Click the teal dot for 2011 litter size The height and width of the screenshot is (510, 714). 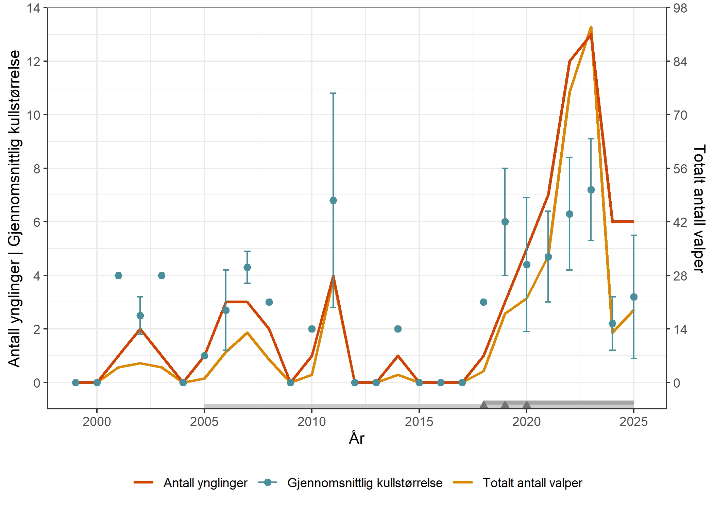[x=333, y=201]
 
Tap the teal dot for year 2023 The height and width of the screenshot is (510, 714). [x=591, y=190]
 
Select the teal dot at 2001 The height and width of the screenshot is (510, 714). [x=118, y=275]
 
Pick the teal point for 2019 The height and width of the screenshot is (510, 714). [x=505, y=222]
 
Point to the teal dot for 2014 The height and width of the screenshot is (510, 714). [x=398, y=329]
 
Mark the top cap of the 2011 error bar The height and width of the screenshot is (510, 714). [x=333, y=93]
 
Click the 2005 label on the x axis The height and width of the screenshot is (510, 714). [x=204, y=422]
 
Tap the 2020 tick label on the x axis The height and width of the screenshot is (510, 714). [x=526, y=422]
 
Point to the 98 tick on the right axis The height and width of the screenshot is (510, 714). [x=680, y=8]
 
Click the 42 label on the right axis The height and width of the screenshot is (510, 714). [x=680, y=222]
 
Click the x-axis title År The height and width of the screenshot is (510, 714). [x=356, y=438]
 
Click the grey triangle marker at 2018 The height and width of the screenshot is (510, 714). [x=483, y=405]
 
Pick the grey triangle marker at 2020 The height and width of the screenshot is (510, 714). [x=526, y=405]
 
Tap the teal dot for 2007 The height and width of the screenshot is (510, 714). [x=247, y=267]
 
